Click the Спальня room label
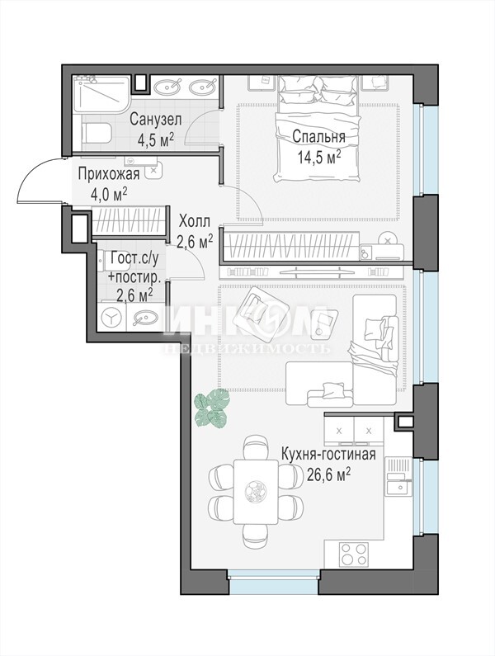click(x=318, y=137)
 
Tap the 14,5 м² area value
click(x=318, y=157)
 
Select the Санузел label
click(x=156, y=120)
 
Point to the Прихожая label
click(x=108, y=174)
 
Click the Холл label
click(x=194, y=221)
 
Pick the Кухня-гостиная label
click(x=328, y=454)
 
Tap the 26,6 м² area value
click(x=328, y=474)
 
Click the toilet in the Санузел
click(x=97, y=133)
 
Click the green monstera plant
click(x=213, y=408)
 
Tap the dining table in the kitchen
click(x=256, y=491)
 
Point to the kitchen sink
click(x=398, y=488)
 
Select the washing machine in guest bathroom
click(x=111, y=318)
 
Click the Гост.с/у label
click(x=134, y=258)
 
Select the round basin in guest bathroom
click(x=143, y=319)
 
